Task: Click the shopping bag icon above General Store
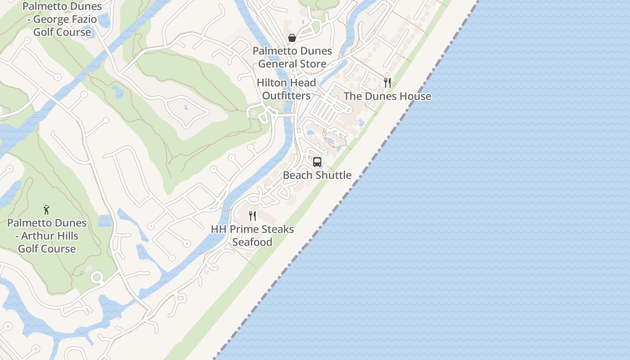[x=292, y=38]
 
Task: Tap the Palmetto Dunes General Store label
[x=292, y=57]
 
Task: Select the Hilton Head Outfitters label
[x=286, y=89]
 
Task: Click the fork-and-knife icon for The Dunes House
[x=387, y=83]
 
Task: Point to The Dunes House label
[x=387, y=96]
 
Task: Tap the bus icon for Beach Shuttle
[x=317, y=162]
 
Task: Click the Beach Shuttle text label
[x=317, y=175]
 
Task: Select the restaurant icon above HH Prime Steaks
[x=252, y=216]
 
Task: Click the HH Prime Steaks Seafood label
[x=252, y=235]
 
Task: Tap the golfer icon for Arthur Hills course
[x=46, y=210]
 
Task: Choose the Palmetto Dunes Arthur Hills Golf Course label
[x=47, y=236]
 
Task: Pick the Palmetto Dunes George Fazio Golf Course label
[x=62, y=19]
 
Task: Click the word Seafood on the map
[x=252, y=242]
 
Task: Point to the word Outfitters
[x=286, y=96]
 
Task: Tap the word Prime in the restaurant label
[x=245, y=229]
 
